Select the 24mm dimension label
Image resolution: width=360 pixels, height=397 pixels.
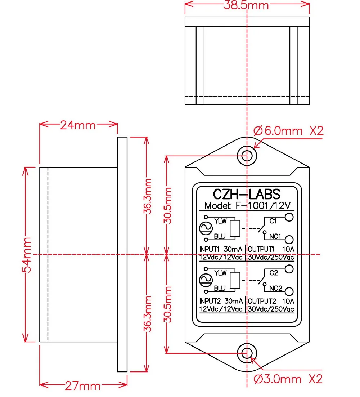point(78,125)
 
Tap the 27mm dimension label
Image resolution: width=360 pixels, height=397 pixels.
point(83,386)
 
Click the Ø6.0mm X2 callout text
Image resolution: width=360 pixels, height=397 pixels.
point(288,131)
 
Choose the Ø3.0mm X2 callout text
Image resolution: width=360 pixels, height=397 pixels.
point(288,379)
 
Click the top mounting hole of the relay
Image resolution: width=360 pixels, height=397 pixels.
point(247,156)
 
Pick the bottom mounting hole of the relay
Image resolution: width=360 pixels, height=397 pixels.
point(247,353)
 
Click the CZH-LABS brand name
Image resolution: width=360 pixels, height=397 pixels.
point(247,194)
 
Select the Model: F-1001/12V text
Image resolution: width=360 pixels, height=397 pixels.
point(247,205)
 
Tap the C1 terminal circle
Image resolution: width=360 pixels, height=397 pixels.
point(289,217)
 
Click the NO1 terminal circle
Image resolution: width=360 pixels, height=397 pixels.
point(289,239)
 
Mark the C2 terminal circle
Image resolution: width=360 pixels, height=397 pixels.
point(289,269)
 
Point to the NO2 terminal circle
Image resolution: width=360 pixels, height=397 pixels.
point(289,291)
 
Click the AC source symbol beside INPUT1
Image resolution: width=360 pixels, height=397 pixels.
point(206,229)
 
